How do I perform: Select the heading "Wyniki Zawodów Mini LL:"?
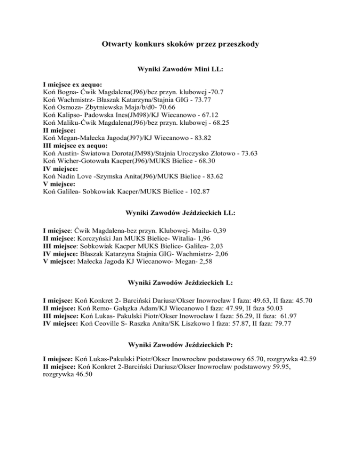point(180,69)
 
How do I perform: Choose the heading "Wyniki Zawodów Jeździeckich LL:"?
point(180,213)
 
